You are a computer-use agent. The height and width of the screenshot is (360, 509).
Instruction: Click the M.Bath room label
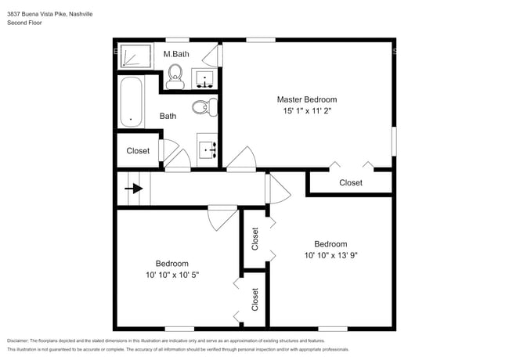pos(176,54)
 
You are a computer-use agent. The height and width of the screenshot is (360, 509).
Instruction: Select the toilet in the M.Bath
pos(175,74)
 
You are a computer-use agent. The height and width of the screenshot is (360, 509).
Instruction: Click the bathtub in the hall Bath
pos(131,102)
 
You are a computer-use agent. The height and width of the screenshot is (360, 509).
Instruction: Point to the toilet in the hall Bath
pos(204,107)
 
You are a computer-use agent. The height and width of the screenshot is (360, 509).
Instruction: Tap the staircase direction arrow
pos(135,189)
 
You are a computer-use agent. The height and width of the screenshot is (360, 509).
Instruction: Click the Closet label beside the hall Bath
pos(138,151)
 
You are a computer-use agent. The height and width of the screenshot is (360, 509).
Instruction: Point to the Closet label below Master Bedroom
pos(350,182)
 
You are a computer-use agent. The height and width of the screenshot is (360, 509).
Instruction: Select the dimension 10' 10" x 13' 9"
pos(330,255)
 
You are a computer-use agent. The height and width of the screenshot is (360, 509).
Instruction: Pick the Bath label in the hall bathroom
pos(168,116)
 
